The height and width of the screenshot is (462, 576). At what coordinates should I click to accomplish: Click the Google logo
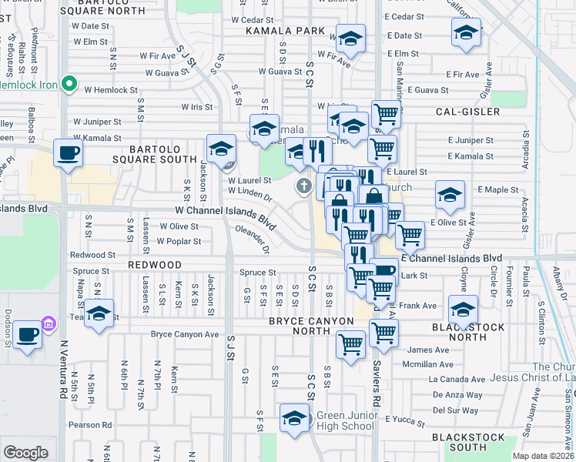click(x=25, y=453)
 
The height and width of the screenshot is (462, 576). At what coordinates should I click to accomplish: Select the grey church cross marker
click(x=304, y=186)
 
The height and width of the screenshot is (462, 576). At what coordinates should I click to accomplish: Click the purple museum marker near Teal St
click(x=50, y=325)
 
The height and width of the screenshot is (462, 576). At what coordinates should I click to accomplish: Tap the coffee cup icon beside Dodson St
click(x=28, y=335)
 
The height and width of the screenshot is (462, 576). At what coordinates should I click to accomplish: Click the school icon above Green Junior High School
click(x=293, y=418)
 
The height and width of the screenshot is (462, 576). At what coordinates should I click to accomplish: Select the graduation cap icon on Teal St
click(x=99, y=313)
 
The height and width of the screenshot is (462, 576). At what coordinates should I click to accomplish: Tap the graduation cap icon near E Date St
click(x=465, y=33)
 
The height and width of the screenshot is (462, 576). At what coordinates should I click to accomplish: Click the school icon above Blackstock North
click(x=462, y=310)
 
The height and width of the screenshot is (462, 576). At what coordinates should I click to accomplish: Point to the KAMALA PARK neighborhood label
click(x=276, y=32)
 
